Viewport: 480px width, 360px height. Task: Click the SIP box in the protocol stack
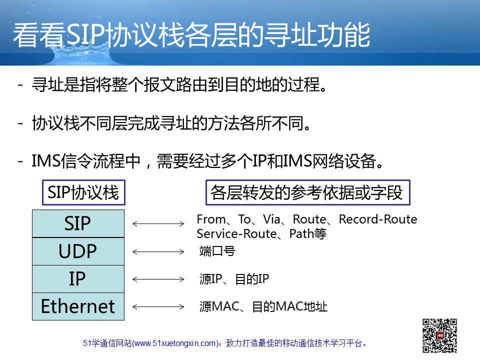78,223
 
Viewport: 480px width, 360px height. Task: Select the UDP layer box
78,251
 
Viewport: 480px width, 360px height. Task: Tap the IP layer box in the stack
78,279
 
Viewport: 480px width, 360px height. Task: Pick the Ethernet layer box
78,306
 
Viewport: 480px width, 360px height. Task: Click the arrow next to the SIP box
158,224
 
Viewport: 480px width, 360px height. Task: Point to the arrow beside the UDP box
158,251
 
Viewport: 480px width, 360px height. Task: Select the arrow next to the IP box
158,279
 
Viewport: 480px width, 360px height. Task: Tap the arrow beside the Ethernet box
158,306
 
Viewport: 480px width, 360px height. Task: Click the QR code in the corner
439,335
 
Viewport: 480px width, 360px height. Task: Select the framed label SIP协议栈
83,192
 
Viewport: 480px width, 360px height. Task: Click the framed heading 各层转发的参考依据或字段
307,192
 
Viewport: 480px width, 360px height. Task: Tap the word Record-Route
378,219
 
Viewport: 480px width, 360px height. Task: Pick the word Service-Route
236,234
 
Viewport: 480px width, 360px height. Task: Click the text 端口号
217,251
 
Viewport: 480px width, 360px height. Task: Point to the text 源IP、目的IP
234,279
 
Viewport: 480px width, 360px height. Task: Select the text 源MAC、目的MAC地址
263,306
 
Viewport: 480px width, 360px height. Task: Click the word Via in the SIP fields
271,219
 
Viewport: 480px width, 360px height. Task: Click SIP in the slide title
85,35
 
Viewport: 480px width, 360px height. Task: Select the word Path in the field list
301,234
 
